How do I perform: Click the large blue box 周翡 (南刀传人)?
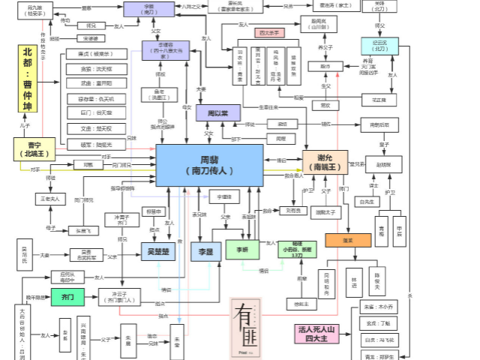pyautogui.click(x=209, y=165)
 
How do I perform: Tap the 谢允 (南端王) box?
pyautogui.click(x=325, y=163)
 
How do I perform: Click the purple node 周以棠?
pyautogui.click(x=217, y=113)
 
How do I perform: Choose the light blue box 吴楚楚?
pyautogui.click(x=159, y=251)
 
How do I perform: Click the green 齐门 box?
pyautogui.click(x=67, y=298)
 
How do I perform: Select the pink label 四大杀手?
pyautogui.click(x=270, y=33)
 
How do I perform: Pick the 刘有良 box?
pyautogui.click(x=294, y=211)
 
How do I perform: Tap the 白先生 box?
pyautogui.click(x=366, y=201)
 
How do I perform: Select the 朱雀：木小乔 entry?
pyautogui.click(x=380, y=306)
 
